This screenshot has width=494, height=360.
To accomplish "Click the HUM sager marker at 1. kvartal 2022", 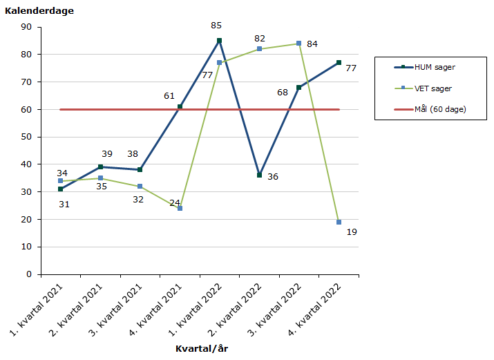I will pyautogui.click(x=220, y=41).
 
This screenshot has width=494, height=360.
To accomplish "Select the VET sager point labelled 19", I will pyautogui.click(x=339, y=222).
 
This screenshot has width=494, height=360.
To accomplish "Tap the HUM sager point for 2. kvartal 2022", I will pyautogui.click(x=259, y=176).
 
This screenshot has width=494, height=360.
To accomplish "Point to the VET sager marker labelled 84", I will pyautogui.click(x=299, y=44).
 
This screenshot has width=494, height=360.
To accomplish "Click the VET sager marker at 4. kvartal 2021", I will pyautogui.click(x=180, y=208).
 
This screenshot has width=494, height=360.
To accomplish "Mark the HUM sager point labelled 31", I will pyautogui.click(x=61, y=189).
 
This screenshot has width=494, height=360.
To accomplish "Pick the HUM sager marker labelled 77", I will pyautogui.click(x=339, y=63).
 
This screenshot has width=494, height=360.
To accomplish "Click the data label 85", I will pyautogui.click(x=216, y=26).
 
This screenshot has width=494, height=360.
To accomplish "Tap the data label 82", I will pyautogui.click(x=259, y=39).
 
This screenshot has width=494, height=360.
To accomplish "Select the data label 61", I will pyautogui.click(x=169, y=96).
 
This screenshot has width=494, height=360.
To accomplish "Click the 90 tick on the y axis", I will pyautogui.click(x=27, y=27).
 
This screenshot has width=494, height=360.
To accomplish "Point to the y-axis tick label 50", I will pyautogui.click(x=27, y=137).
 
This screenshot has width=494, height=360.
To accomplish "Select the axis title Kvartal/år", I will pyautogui.click(x=201, y=348).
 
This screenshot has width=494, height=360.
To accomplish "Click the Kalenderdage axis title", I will pyautogui.click(x=39, y=10).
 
